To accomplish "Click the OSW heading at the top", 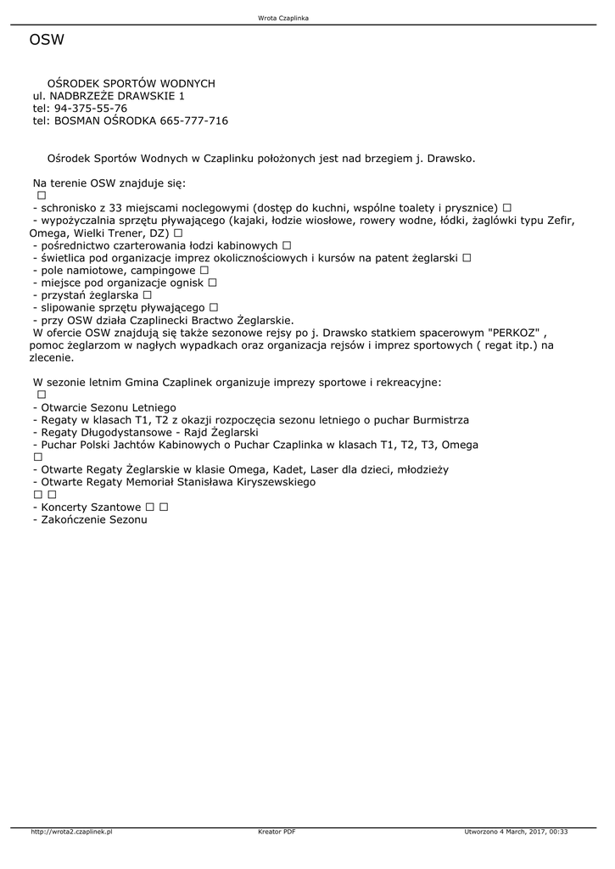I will point(47,40).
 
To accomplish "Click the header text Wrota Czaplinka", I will point(282,18).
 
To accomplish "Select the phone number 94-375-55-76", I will point(91,109).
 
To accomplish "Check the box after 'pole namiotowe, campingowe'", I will point(204,270).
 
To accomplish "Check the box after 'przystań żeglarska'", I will point(148,294).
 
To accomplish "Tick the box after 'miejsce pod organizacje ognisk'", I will point(212,283).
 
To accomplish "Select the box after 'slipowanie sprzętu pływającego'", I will point(214,307).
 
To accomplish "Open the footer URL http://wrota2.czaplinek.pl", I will point(71,832).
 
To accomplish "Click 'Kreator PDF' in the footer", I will point(277,832).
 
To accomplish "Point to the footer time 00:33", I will point(558,832).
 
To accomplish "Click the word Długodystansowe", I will point(132,433).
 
